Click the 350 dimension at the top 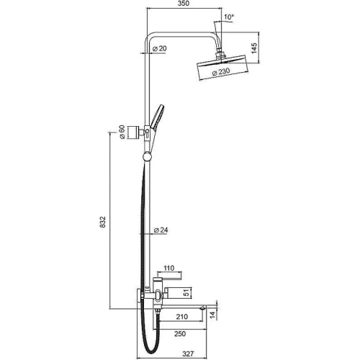(184, 4)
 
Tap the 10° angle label (229, 17)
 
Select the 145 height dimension (254, 48)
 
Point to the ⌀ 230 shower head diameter (221, 72)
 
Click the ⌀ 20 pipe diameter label (160, 48)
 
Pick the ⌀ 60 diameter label (122, 132)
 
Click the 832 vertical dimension (102, 222)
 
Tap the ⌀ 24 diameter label (161, 230)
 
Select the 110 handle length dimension (168, 268)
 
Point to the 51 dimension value (186, 292)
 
